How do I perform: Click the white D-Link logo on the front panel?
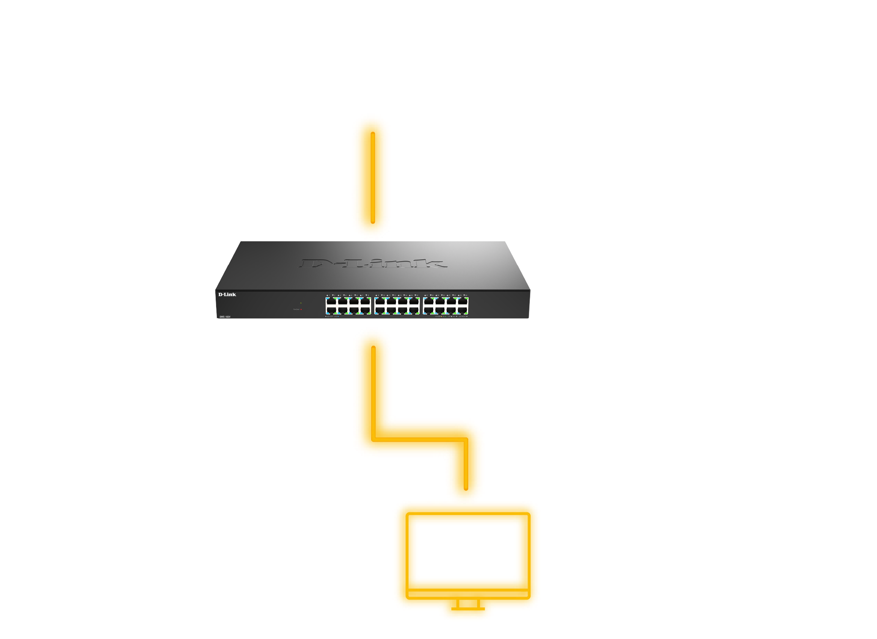click(x=227, y=295)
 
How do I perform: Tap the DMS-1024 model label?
click(x=225, y=317)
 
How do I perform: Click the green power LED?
click(x=301, y=303)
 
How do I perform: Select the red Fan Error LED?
click(x=301, y=309)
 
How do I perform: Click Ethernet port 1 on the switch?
click(x=331, y=302)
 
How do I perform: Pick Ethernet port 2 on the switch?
click(x=331, y=310)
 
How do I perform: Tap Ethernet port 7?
click(x=365, y=302)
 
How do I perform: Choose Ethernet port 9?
click(x=380, y=302)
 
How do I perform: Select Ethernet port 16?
click(x=414, y=310)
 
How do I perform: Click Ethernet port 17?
click(x=429, y=302)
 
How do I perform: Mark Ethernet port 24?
click(x=463, y=310)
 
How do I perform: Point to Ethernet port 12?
click(x=391, y=310)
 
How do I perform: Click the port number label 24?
click(x=466, y=295)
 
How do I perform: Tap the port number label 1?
click(x=329, y=295)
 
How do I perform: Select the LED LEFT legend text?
click(x=330, y=316)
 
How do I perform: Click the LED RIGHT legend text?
click(x=462, y=316)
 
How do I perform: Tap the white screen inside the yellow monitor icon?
click(x=466, y=551)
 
